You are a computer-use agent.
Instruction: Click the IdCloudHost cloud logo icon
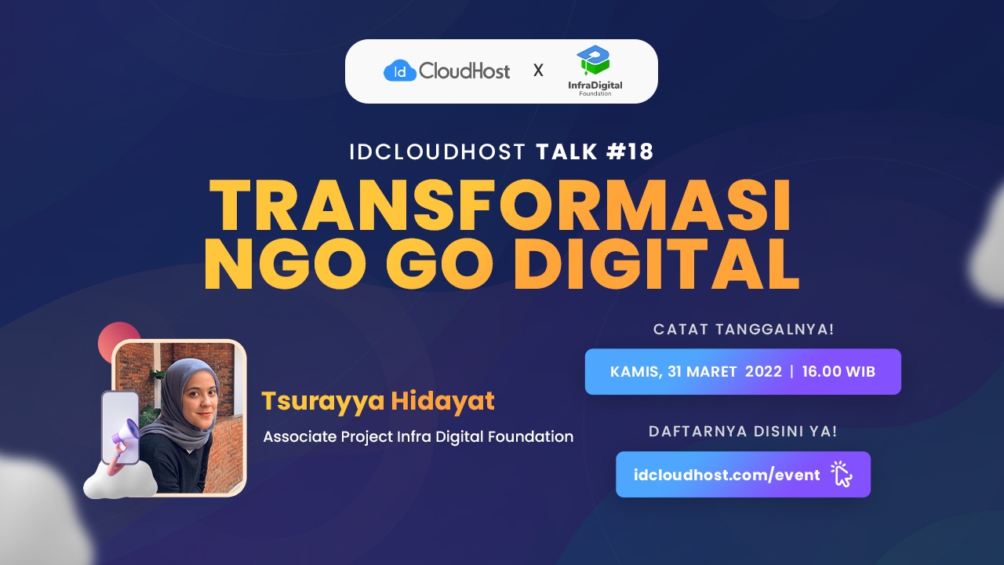coord(399,71)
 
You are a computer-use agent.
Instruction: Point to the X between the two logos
coord(538,71)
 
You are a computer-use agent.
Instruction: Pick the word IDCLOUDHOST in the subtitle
coord(438,151)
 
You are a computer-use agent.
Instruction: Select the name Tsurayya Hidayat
coord(378,401)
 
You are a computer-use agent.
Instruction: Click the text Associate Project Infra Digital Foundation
coord(418,436)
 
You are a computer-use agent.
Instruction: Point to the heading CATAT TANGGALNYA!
coord(743,330)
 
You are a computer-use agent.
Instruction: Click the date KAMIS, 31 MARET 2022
coord(696,371)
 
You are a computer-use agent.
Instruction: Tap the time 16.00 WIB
coord(838,371)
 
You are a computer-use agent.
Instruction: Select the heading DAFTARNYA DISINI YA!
coord(743,431)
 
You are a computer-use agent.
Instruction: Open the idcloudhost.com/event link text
coord(727,474)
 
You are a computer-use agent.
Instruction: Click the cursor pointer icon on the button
coord(841,474)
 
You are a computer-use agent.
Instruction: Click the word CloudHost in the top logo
coord(464,71)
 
